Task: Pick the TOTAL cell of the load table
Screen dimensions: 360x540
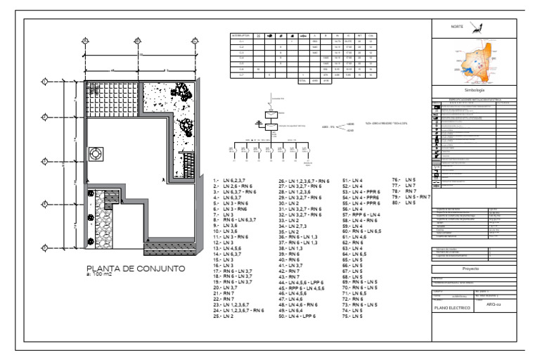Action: click(x=302, y=81)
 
